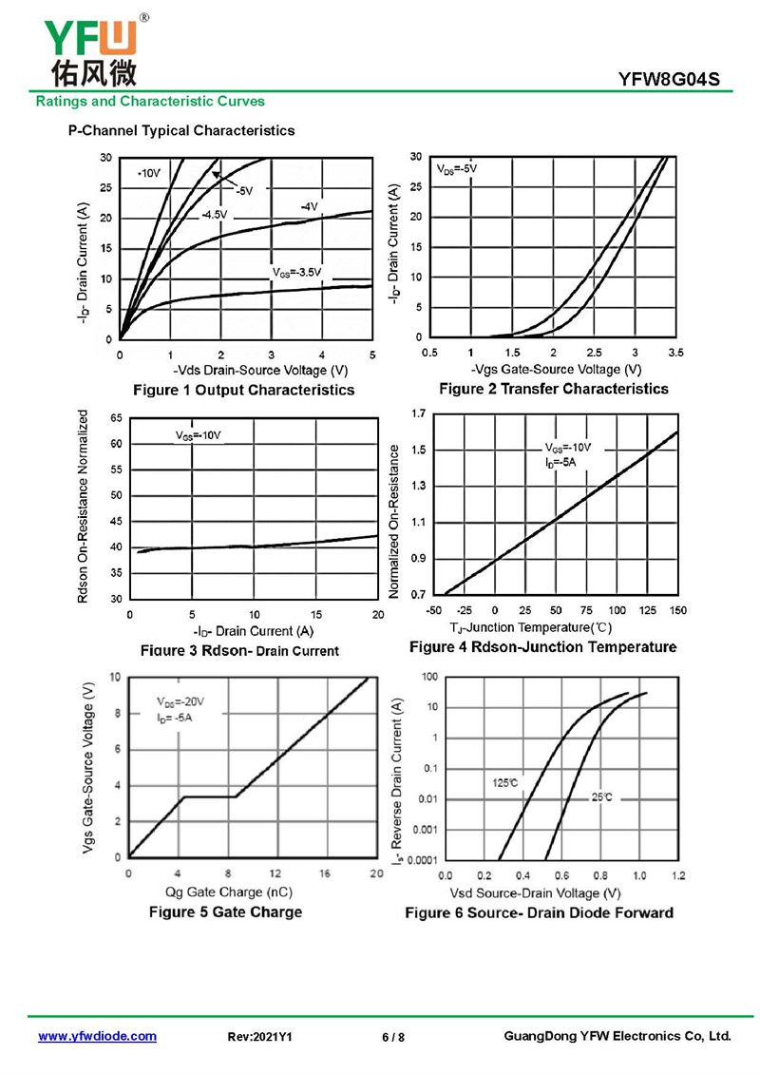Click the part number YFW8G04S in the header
[x=675, y=80]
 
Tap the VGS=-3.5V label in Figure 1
[x=297, y=273]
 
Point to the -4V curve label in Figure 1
[x=309, y=206]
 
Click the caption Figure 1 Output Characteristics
[x=244, y=390]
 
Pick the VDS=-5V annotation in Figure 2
[x=457, y=168]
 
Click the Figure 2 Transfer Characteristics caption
[x=553, y=389]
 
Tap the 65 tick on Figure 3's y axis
[x=117, y=418]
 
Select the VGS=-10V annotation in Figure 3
[x=198, y=435]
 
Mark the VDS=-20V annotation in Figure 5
[x=180, y=701]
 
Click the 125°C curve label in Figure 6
[x=504, y=783]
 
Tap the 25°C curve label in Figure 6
[x=602, y=797]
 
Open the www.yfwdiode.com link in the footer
[x=97, y=1036]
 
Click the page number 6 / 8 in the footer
[x=393, y=1037]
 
